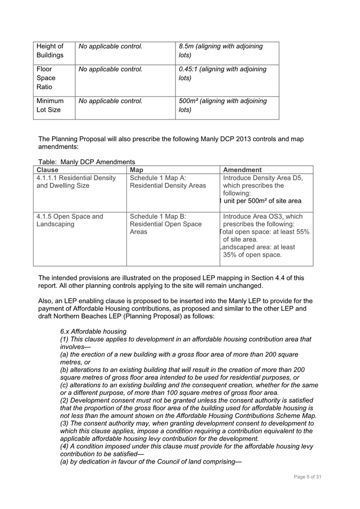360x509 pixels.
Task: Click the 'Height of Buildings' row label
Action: click(50, 51)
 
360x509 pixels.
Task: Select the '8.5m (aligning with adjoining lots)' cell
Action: click(221, 51)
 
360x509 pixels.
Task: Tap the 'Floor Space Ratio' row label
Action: click(46, 78)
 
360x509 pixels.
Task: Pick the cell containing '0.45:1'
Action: click(222, 74)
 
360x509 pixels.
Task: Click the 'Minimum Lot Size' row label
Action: click(50, 105)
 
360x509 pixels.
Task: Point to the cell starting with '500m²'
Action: click(223, 105)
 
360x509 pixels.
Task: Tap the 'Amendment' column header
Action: click(242, 170)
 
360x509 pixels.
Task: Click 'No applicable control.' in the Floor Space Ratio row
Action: click(110, 69)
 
